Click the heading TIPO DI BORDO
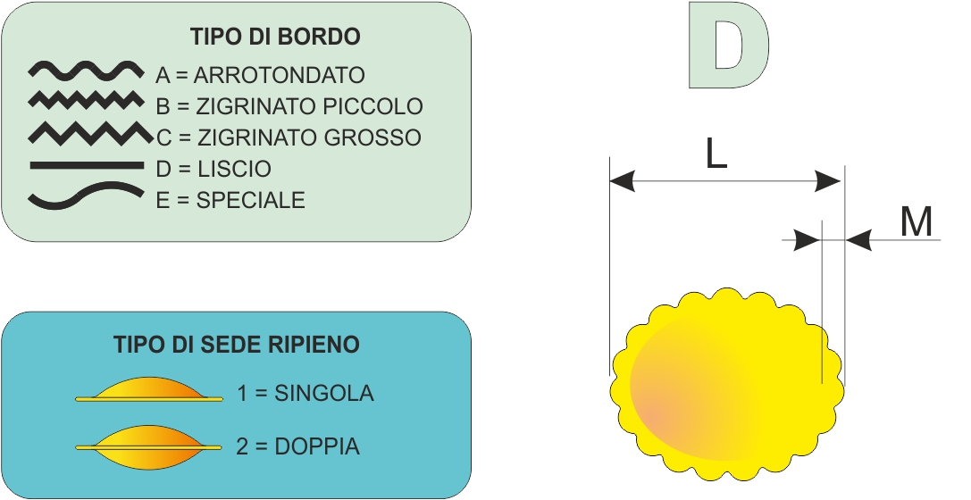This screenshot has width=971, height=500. coord(275,37)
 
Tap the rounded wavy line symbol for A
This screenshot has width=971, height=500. coord(86,71)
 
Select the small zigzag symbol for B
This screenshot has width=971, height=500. coord(85,100)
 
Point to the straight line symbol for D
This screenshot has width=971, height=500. coord(87,165)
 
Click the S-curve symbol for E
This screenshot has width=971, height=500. coord(86,195)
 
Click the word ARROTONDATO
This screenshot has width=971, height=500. coord(280,75)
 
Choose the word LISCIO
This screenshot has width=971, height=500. coord(235,169)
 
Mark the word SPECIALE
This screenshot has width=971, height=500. coord(251,200)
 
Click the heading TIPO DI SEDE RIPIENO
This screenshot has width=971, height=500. coord(237,345)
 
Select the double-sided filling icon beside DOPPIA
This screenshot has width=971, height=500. coord(149,446)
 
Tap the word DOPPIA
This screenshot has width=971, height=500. coord(317,446)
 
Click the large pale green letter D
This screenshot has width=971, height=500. coord(729,46)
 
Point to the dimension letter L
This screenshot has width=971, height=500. coord(716,154)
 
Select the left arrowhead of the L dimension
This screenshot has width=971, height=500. coord(623,181)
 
